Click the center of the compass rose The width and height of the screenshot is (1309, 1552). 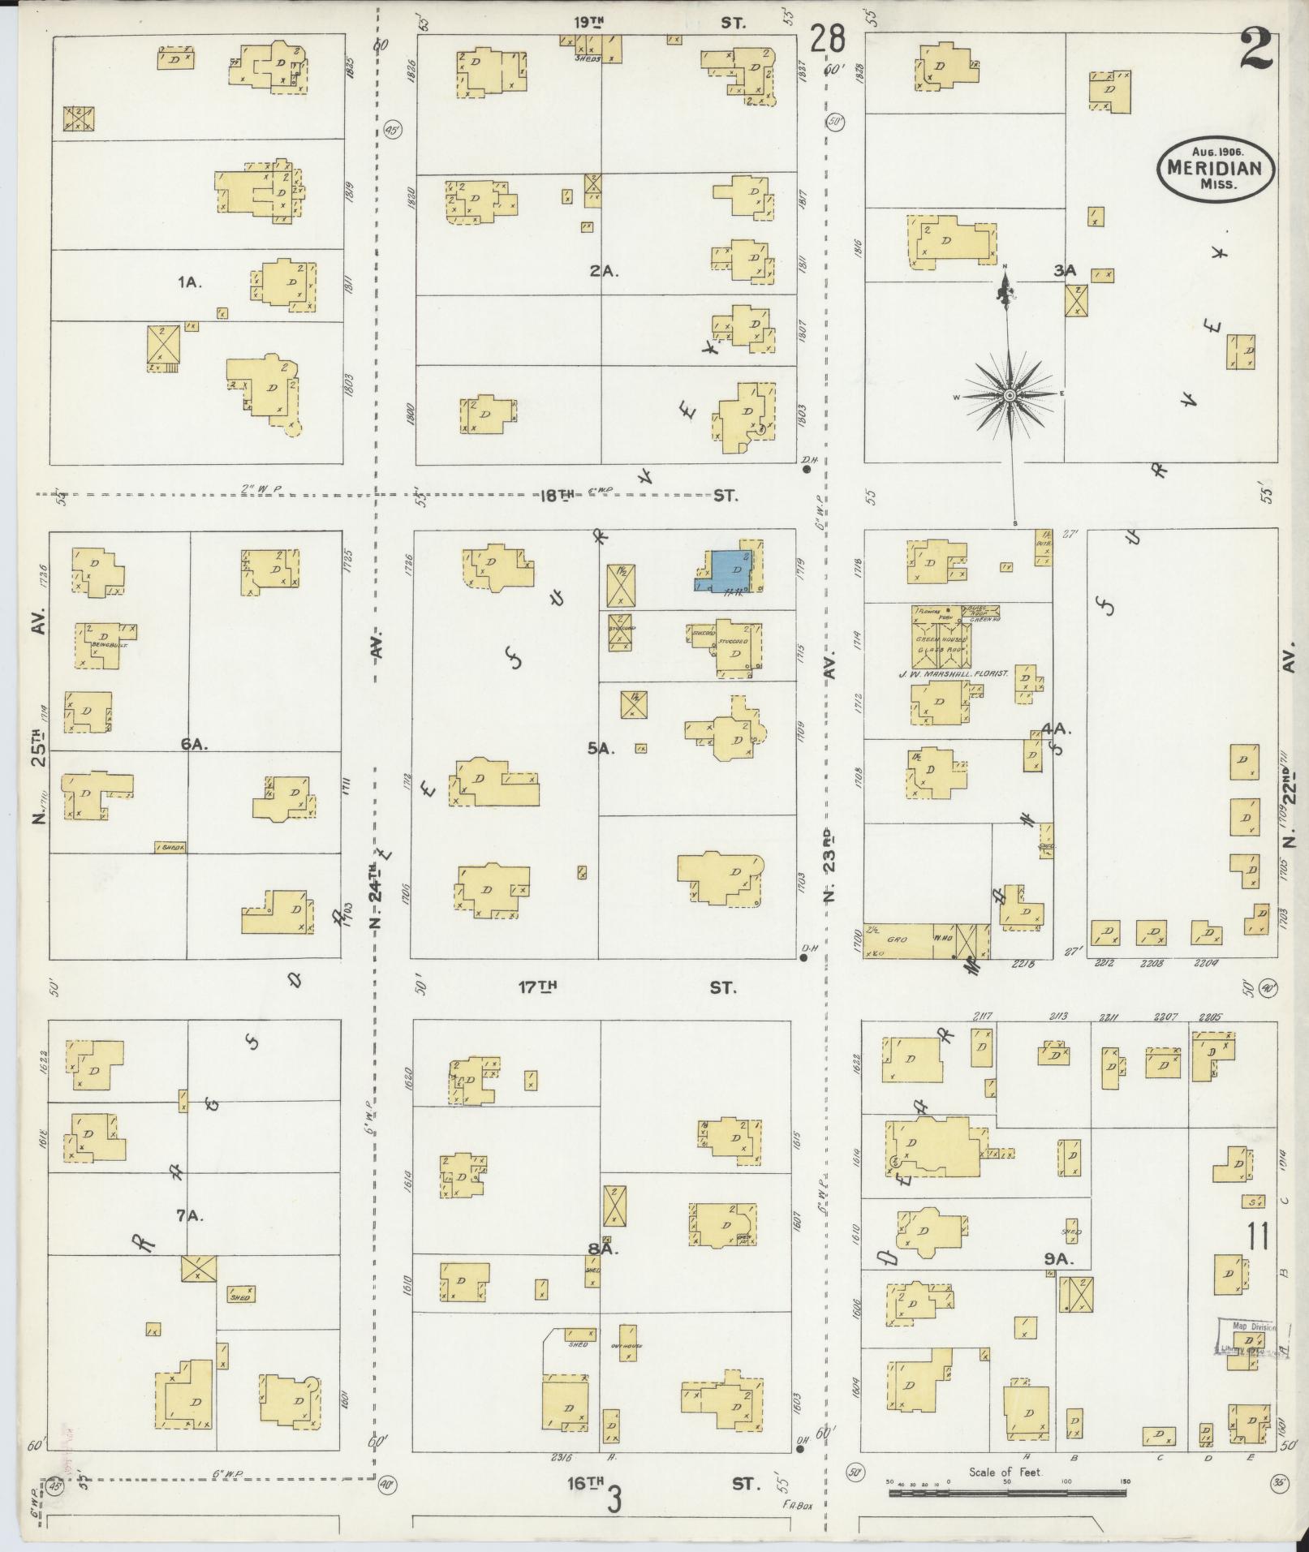click(x=1010, y=395)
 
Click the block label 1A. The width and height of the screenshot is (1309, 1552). click(x=189, y=282)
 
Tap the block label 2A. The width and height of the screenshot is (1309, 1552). click(x=605, y=272)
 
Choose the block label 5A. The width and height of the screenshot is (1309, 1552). click(x=602, y=749)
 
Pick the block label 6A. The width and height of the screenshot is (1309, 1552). click(x=196, y=744)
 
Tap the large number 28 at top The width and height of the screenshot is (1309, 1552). click(x=827, y=39)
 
